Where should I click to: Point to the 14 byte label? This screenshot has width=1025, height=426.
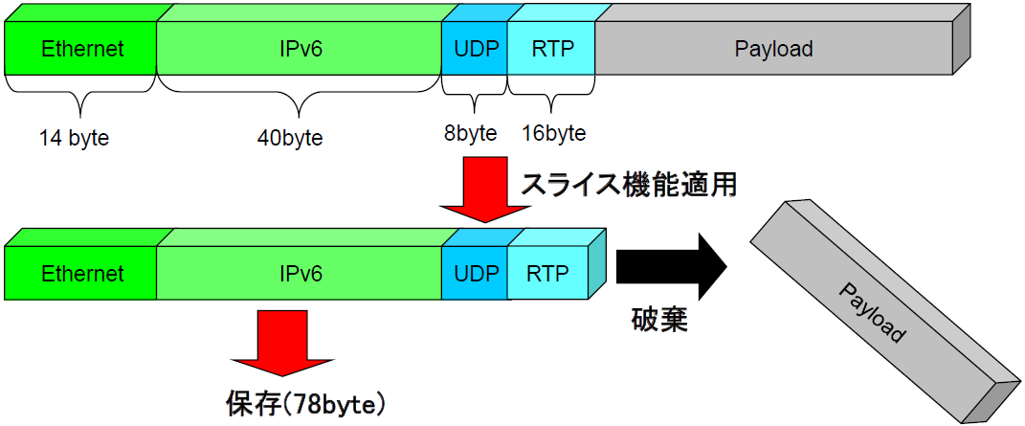point(74,139)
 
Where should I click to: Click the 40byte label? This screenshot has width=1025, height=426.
point(290,139)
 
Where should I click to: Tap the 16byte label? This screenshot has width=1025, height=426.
point(554,133)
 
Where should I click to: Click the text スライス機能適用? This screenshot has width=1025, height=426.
point(628,185)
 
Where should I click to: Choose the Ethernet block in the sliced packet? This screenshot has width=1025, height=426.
point(81,273)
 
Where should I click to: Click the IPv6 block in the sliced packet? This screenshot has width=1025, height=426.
point(300,273)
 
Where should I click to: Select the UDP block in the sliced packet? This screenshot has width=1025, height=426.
point(476,273)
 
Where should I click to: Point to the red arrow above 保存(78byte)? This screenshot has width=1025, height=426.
point(281,343)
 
